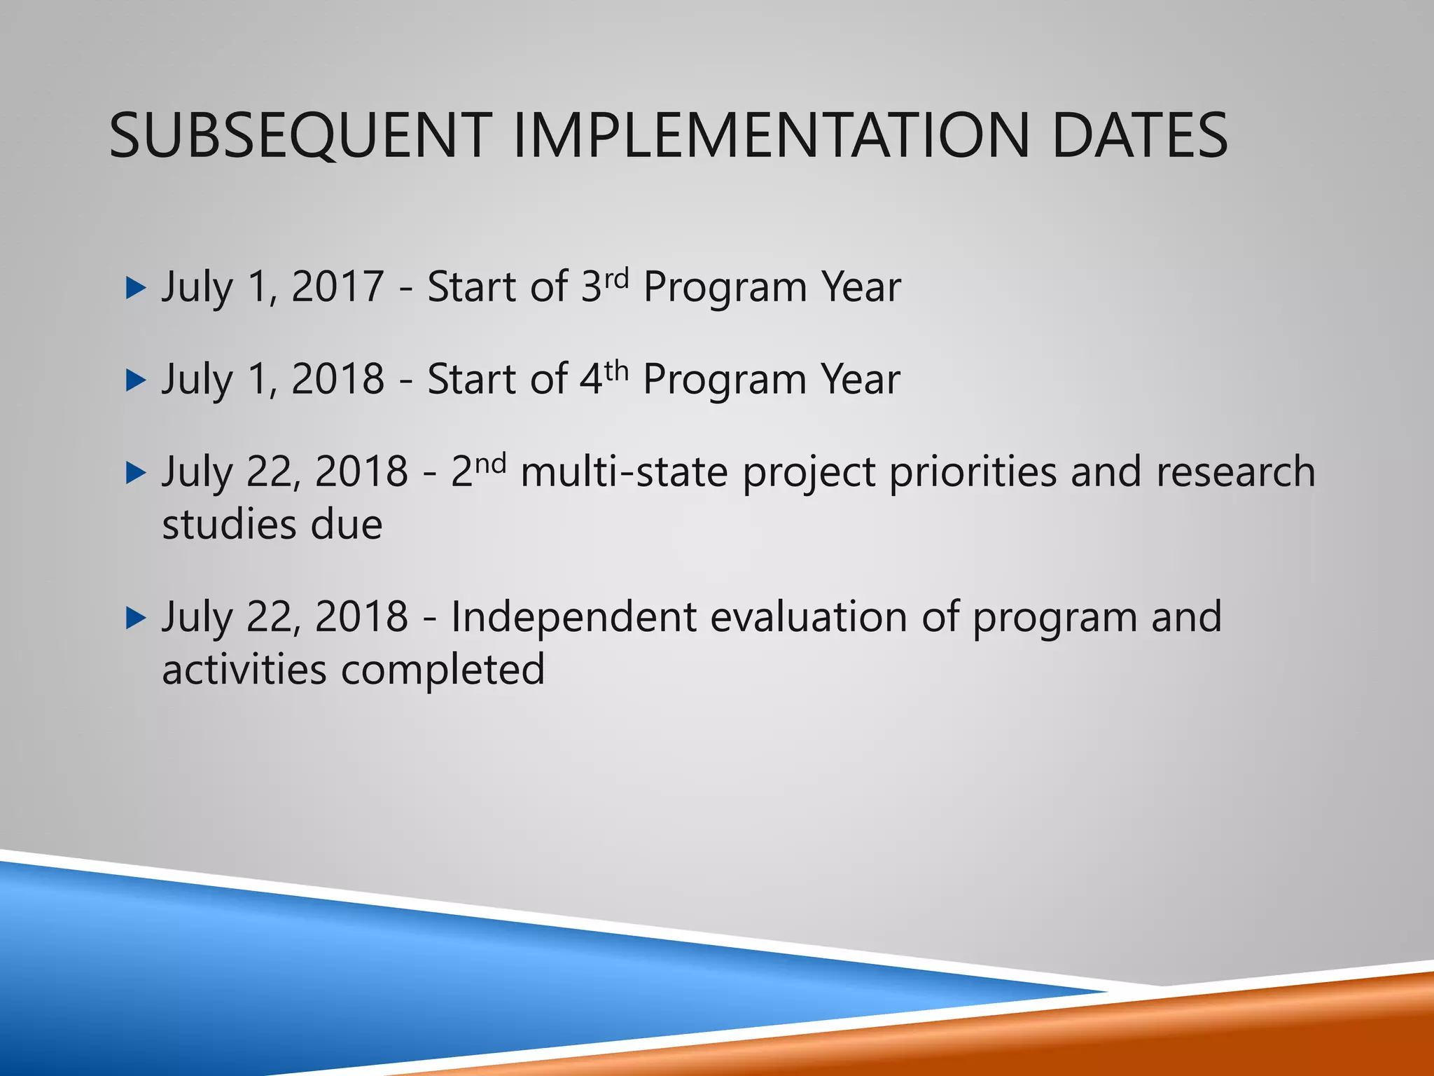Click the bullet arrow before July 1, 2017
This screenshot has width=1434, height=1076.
(135, 288)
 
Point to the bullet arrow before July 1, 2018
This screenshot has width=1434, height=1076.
(135, 380)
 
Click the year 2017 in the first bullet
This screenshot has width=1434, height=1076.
(337, 287)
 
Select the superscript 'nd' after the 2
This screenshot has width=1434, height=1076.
(489, 463)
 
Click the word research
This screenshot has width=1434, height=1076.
(1235, 472)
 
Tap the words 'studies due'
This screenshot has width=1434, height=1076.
(272, 525)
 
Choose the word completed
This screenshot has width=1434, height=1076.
(443, 670)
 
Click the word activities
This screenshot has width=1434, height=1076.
(244, 670)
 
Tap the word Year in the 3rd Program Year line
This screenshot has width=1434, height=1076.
(861, 287)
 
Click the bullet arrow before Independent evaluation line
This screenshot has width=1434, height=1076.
(135, 618)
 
